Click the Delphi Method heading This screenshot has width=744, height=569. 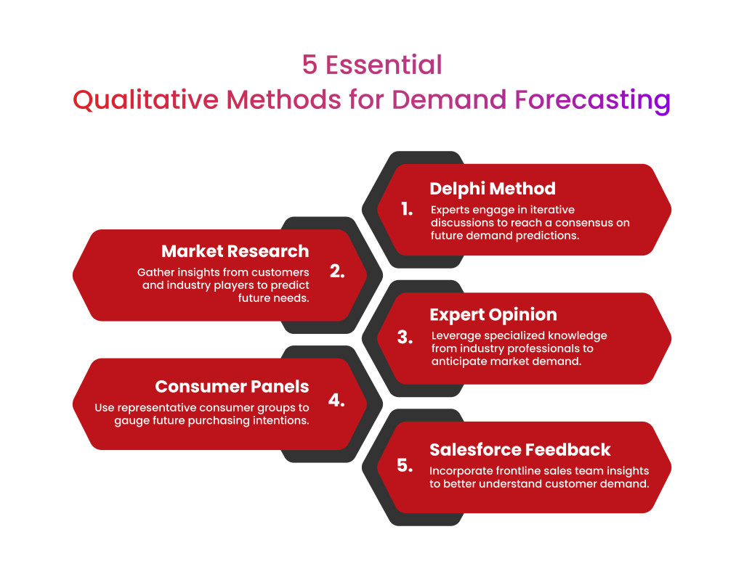pos(492,189)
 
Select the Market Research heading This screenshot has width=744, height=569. pos(235,252)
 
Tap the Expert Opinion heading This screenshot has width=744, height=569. pos(493,315)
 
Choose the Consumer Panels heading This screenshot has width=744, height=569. pos(232,386)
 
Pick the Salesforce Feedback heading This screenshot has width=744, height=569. pos(519,449)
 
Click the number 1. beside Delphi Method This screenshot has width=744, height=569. pos(407,209)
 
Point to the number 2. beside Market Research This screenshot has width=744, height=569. pos(337,271)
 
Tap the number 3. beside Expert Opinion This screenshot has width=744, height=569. pos(405,337)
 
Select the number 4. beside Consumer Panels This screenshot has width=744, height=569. pos(336,400)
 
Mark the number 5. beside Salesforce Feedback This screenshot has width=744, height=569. pos(405,465)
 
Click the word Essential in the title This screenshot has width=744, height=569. pos(384,65)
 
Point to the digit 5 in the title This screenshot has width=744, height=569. pos(310,65)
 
